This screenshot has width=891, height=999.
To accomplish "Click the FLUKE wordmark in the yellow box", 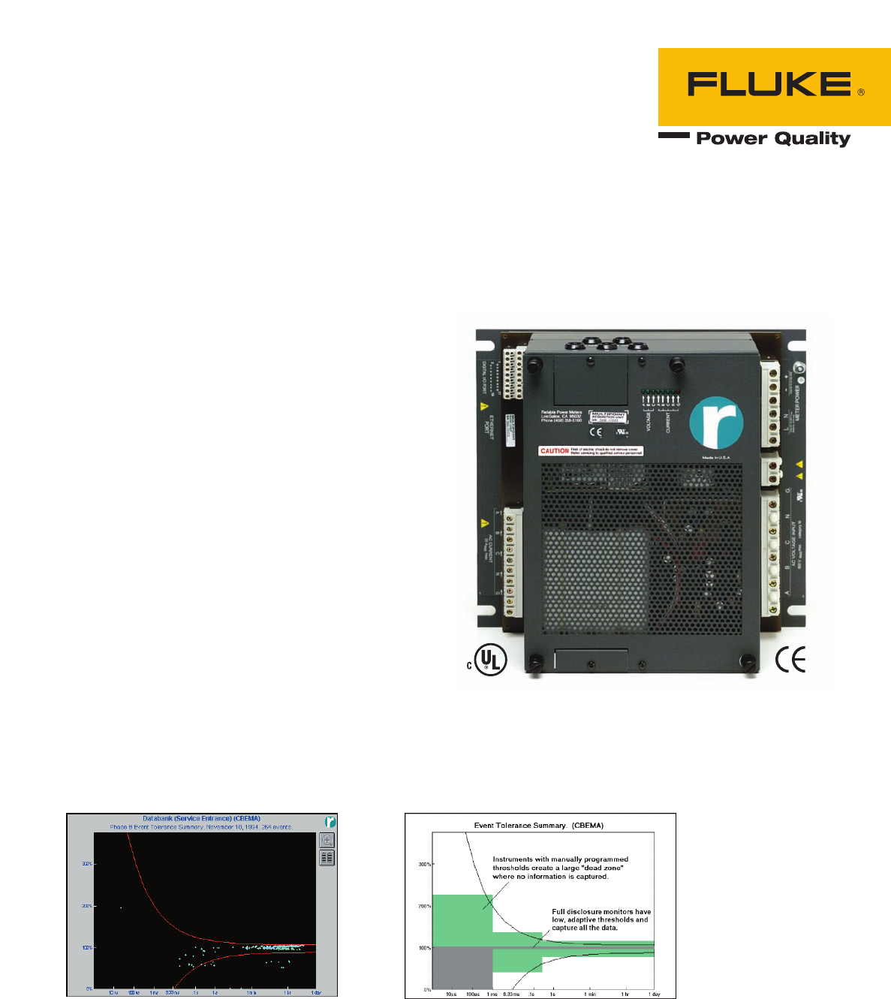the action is [x=769, y=85].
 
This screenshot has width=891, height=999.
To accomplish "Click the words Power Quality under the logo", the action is [x=773, y=139].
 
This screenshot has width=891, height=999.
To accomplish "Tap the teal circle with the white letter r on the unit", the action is [x=716, y=423].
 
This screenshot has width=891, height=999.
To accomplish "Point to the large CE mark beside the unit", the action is [x=790, y=660].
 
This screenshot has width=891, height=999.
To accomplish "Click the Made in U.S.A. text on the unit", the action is [x=716, y=457].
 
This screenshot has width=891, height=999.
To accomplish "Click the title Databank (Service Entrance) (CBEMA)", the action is [x=201, y=819].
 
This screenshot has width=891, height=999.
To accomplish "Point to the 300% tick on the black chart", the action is [x=87, y=864].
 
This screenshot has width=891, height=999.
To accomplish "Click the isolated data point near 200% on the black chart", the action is [x=121, y=907].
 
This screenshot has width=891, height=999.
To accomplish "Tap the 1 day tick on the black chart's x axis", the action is [x=316, y=993].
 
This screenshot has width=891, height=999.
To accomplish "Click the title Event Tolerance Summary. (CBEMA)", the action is [x=538, y=826].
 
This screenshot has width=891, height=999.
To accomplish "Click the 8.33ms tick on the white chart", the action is [x=511, y=994].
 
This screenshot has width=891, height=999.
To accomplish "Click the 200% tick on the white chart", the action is [x=425, y=906].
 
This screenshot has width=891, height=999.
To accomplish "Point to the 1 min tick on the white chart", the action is [x=591, y=994].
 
